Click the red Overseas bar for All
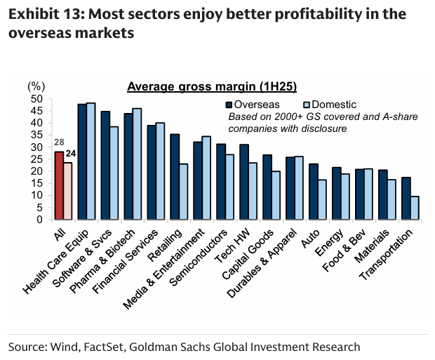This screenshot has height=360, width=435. coord(59,185)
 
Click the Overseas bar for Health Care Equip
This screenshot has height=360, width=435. coord(82,161)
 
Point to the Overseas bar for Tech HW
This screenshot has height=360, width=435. coord(244,182)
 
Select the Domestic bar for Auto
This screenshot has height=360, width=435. coord(321,199)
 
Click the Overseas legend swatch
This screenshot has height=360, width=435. coord(229,105)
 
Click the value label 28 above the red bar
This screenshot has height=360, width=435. coord(59,144)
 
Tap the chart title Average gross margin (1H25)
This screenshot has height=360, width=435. coord(212,87)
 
